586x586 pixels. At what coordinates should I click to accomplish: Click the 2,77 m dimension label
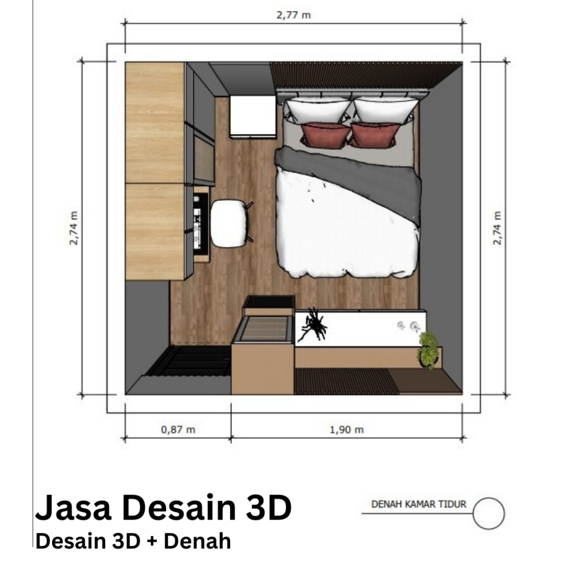(x=294, y=15)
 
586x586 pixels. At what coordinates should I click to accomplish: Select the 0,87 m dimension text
(x=178, y=429)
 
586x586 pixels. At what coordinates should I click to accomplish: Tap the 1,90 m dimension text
(x=346, y=429)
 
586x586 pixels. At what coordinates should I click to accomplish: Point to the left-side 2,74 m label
(x=73, y=228)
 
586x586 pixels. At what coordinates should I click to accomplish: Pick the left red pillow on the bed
(x=325, y=135)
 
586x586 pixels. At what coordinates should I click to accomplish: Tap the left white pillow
(x=318, y=109)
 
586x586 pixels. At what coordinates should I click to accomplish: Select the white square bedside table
(x=252, y=116)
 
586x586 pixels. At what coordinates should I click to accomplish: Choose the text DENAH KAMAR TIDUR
(x=419, y=505)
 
